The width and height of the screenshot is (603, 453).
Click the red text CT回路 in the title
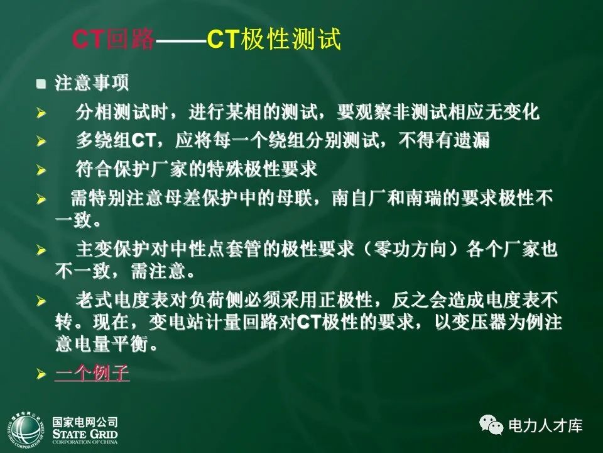tap(113, 40)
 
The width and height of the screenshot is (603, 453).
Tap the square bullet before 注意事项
tap(41, 83)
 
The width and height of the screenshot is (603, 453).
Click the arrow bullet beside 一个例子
tap(41, 374)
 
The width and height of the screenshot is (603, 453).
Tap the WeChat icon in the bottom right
tap(491, 426)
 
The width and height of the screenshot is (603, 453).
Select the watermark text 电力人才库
tap(545, 426)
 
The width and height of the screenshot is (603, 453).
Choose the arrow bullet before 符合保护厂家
tap(41, 171)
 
